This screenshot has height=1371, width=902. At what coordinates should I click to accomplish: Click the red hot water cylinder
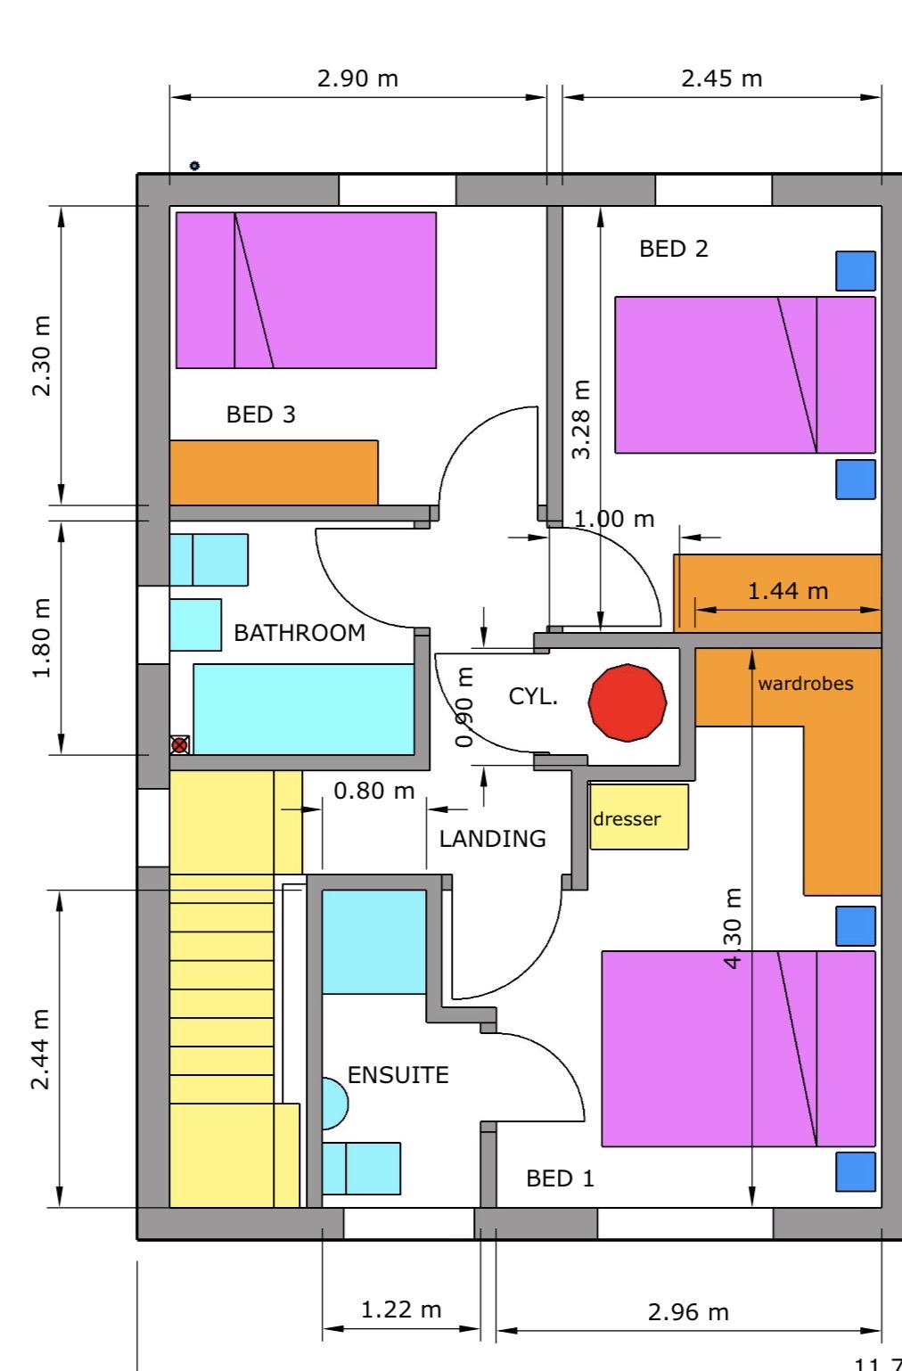(x=627, y=702)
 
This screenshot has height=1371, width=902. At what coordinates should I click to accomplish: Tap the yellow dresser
(x=639, y=817)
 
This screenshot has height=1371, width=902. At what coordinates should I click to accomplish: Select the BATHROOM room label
(x=299, y=633)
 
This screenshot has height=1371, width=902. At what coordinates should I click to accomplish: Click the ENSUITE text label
(x=398, y=1075)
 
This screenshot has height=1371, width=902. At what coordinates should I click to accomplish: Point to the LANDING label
(x=492, y=839)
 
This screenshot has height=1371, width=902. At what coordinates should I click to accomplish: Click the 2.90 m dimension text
(x=357, y=78)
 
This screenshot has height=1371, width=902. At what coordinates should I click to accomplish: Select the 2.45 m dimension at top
(x=722, y=78)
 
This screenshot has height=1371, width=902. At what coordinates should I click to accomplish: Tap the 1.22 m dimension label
(x=401, y=1309)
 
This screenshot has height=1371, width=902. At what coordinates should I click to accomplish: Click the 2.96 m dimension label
(x=688, y=1312)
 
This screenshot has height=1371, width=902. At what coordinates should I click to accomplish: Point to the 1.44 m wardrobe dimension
(x=788, y=591)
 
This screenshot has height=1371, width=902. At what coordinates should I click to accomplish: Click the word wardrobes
(x=806, y=684)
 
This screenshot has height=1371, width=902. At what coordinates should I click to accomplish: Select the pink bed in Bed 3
(x=306, y=290)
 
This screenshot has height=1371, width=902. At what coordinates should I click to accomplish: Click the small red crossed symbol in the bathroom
(x=180, y=744)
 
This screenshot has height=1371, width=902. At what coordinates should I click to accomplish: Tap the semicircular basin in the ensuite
(x=333, y=1104)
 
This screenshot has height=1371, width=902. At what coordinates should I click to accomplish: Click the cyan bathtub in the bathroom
(x=304, y=710)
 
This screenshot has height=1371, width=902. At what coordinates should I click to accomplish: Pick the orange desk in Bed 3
(x=274, y=472)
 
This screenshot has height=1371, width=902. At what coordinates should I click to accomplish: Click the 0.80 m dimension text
(x=374, y=791)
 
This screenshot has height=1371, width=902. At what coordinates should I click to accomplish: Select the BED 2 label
(x=674, y=249)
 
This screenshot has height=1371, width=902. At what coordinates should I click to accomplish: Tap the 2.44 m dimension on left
(x=41, y=1049)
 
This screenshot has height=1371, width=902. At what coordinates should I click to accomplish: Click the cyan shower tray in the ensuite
(x=373, y=941)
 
